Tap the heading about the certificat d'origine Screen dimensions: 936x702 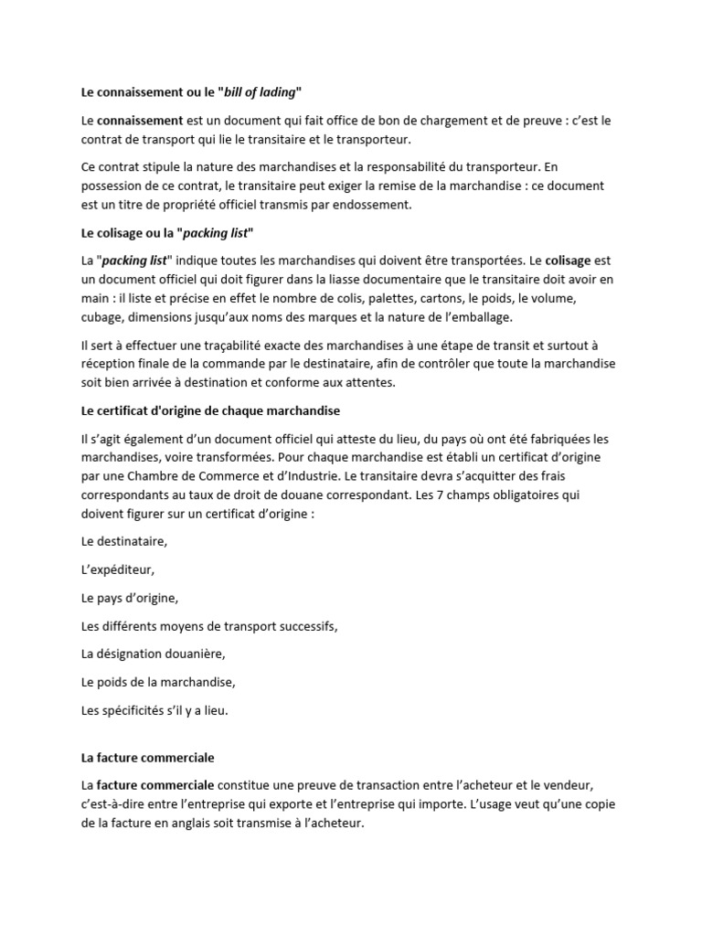click(210, 410)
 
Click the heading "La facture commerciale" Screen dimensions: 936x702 click(147, 758)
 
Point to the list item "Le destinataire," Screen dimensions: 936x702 click(124, 541)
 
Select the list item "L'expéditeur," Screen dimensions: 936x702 click(118, 569)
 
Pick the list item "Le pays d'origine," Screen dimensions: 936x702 click(129, 598)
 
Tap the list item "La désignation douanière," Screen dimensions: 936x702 click(153, 654)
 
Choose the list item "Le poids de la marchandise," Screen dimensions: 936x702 click(158, 682)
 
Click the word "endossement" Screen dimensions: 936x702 click(376, 205)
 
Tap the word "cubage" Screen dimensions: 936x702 click(100, 316)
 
